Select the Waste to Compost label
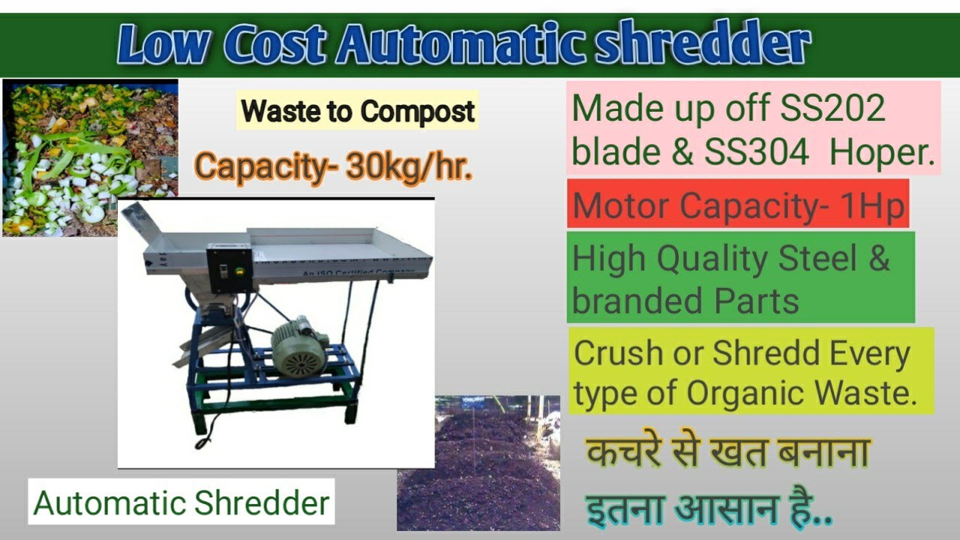pyautogui.click(x=358, y=112)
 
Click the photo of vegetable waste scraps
pyautogui.click(x=90, y=157)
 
